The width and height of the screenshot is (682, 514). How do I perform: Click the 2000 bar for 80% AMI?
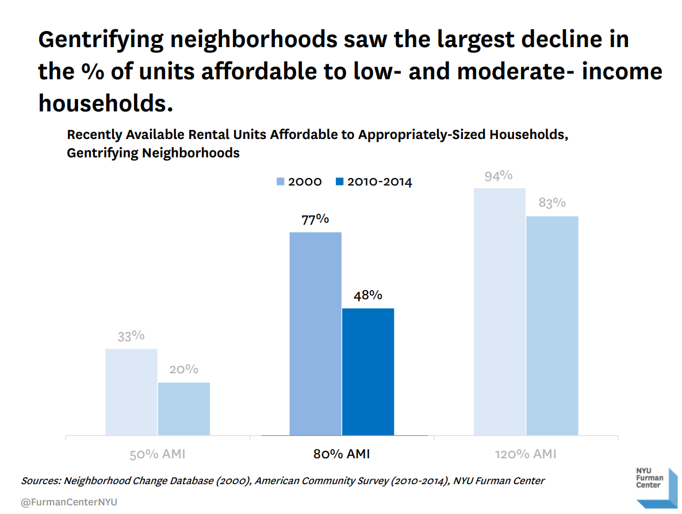(315, 334)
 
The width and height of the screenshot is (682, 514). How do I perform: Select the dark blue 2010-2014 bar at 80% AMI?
(368, 372)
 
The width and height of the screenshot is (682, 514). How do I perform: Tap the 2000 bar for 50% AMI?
(131, 392)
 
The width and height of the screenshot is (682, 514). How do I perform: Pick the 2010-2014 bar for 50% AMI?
(184, 409)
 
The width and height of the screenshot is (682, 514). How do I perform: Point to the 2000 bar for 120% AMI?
(500, 311)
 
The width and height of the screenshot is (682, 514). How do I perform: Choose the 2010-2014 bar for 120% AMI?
(553, 326)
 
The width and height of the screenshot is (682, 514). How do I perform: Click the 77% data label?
(315, 219)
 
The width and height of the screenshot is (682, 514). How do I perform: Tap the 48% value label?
(368, 295)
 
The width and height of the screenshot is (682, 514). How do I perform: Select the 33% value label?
(131, 336)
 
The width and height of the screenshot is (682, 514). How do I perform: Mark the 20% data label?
(184, 369)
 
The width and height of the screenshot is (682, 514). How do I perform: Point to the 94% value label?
(499, 176)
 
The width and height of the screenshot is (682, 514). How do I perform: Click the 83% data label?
(552, 203)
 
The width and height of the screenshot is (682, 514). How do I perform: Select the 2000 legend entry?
(299, 182)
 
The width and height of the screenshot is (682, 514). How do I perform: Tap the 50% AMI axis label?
(157, 454)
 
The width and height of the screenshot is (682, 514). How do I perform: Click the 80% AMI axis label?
(342, 454)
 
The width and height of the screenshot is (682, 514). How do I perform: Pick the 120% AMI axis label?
(526, 454)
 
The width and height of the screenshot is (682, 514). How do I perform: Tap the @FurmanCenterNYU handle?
(69, 502)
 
